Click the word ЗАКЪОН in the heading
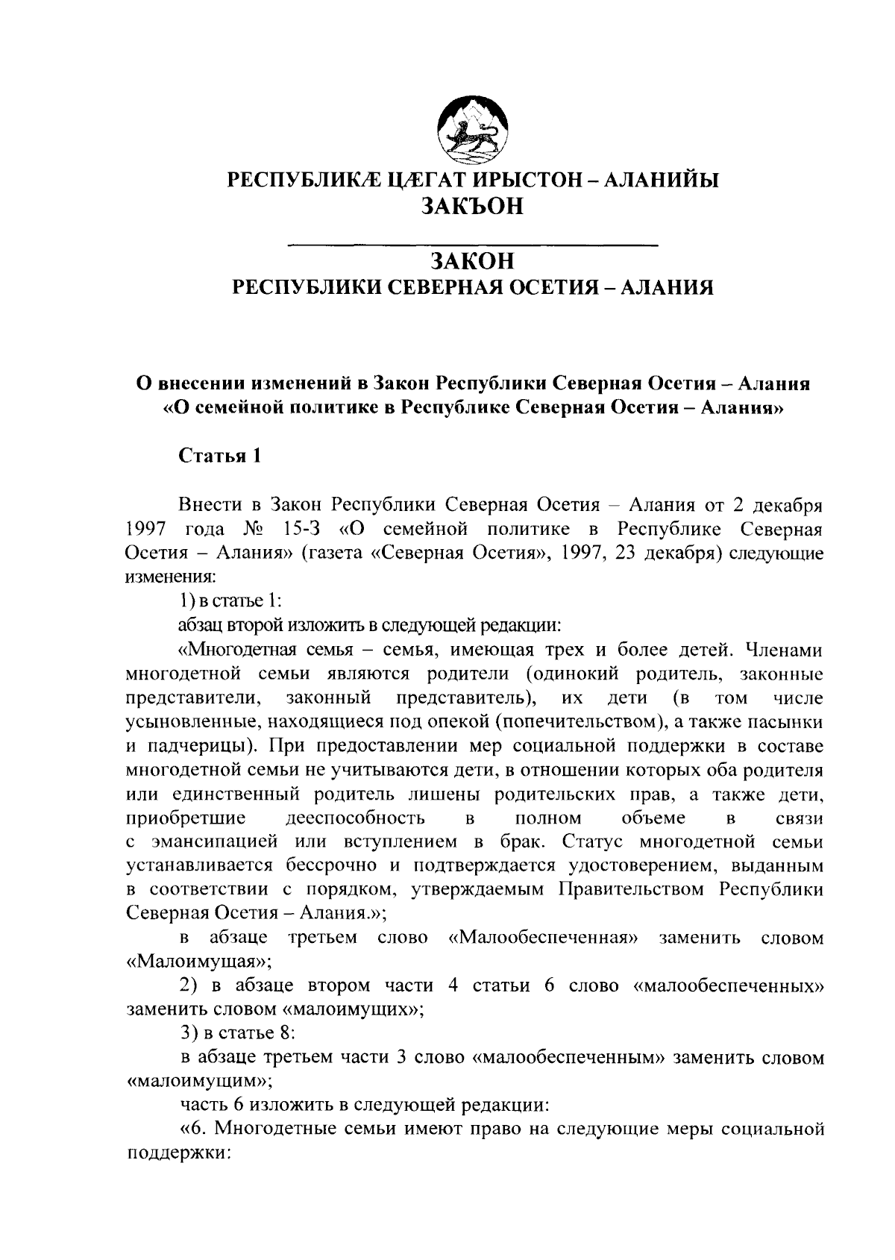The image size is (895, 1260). [473, 207]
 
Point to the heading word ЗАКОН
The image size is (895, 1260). [473, 261]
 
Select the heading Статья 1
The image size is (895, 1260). [219, 456]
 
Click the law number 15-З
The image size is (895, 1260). [304, 530]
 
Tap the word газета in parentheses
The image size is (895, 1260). [335, 554]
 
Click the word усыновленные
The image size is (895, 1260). [194, 722]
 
